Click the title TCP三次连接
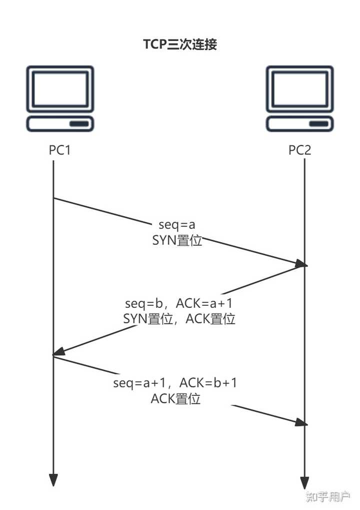pyautogui.click(x=180, y=45)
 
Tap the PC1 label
pyautogui.click(x=59, y=150)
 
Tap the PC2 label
pyautogui.click(x=300, y=150)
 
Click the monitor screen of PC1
pyautogui.click(x=60, y=88)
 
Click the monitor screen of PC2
pyautogui.click(x=300, y=88)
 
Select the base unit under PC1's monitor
pyautogui.click(x=60, y=124)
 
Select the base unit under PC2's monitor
pyautogui.click(x=300, y=124)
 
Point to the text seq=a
pyautogui.click(x=177, y=225)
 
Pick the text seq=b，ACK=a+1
pyautogui.click(x=179, y=303)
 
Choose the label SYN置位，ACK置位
pyautogui.click(x=179, y=319)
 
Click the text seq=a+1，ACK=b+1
pyautogui.click(x=175, y=383)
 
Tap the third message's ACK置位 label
pyautogui.click(x=175, y=399)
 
